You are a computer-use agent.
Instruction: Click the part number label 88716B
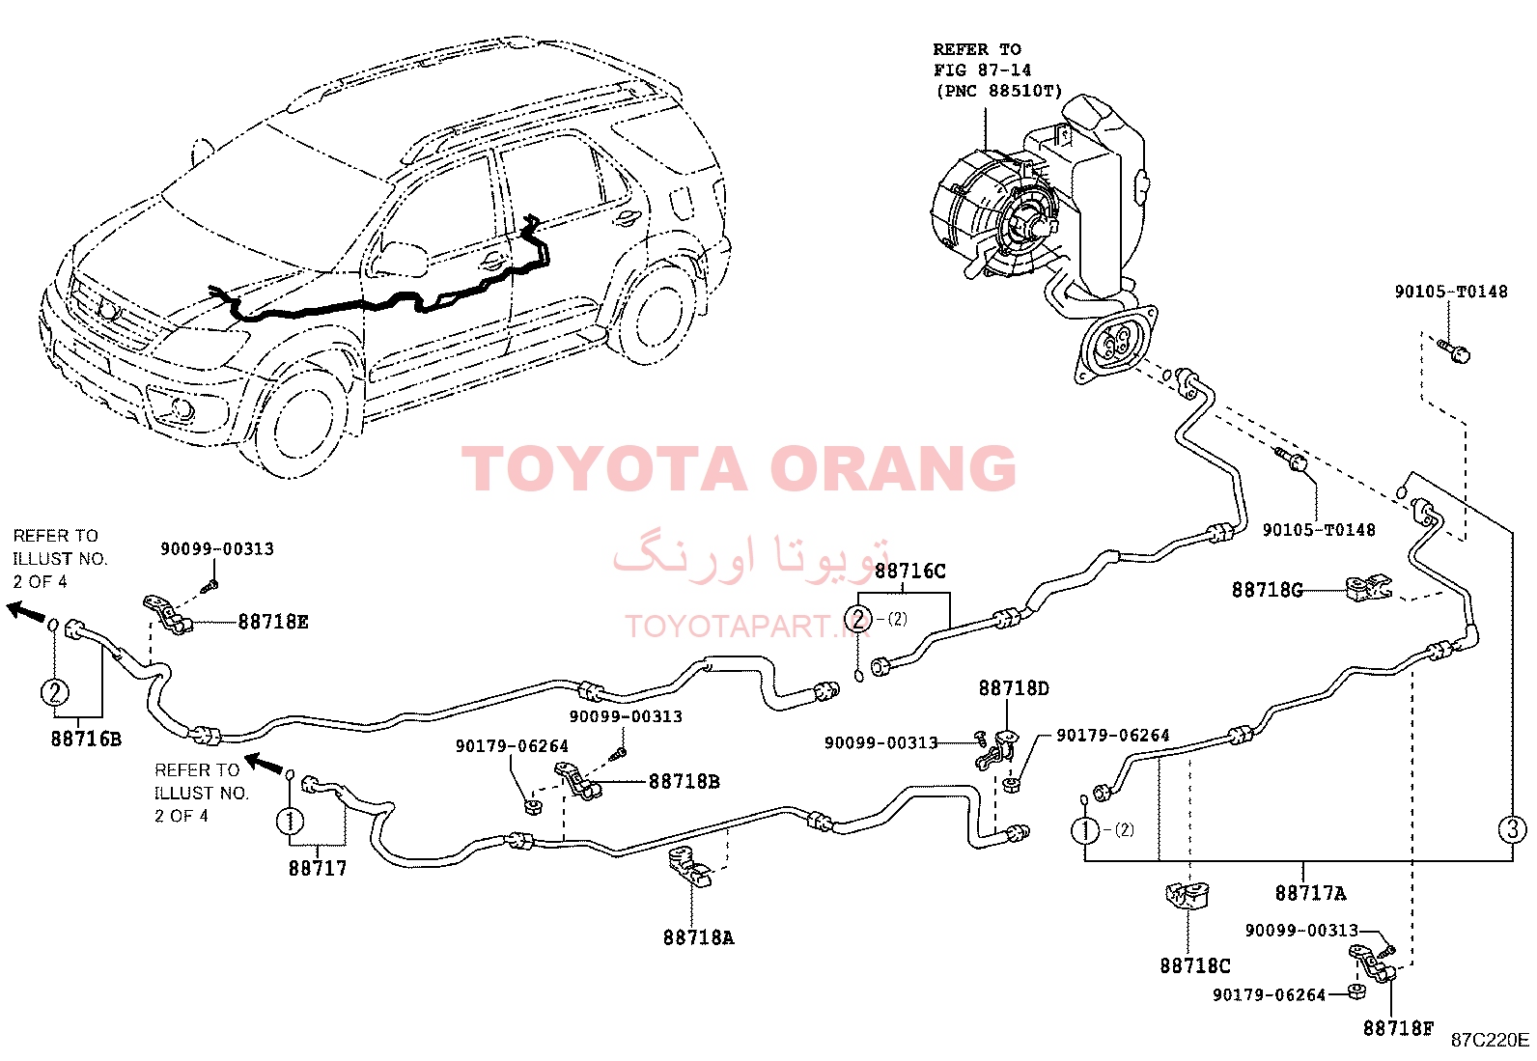(86, 739)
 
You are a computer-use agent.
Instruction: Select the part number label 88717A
(1310, 893)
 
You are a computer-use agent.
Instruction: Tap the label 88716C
(909, 571)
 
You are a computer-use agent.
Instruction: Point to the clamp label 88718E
(273, 622)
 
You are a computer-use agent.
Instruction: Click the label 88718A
(699, 936)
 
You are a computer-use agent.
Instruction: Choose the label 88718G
(1267, 590)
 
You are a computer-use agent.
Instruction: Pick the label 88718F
(1398, 1028)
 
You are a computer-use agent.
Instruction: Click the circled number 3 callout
(1512, 829)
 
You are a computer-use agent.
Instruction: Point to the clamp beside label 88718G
(1367, 588)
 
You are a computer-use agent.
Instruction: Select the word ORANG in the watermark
(892, 468)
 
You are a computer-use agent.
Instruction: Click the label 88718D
(1014, 688)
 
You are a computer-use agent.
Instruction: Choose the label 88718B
(685, 782)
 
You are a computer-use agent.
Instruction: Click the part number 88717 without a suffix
(317, 868)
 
